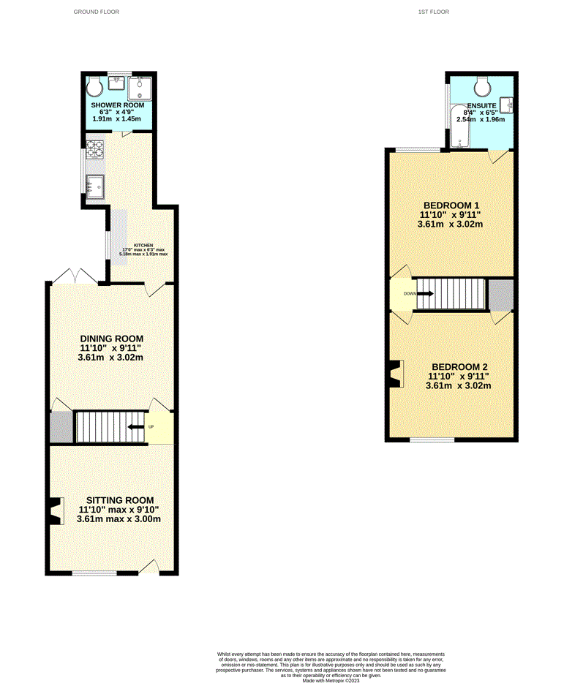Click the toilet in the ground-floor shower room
coord(94,88)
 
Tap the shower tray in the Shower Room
coord(139,88)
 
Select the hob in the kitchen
coord(95,148)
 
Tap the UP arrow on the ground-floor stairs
coord(135,427)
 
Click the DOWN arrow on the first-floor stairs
coord(425,294)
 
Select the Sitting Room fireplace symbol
coord(56,510)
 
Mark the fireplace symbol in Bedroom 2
coord(396,374)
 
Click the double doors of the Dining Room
coord(75,276)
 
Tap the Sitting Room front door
coord(149,566)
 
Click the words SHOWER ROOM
coord(118,105)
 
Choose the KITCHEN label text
coord(143,245)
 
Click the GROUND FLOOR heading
coord(96,12)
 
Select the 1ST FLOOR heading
coord(433,12)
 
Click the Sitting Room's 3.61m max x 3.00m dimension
coord(119,519)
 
